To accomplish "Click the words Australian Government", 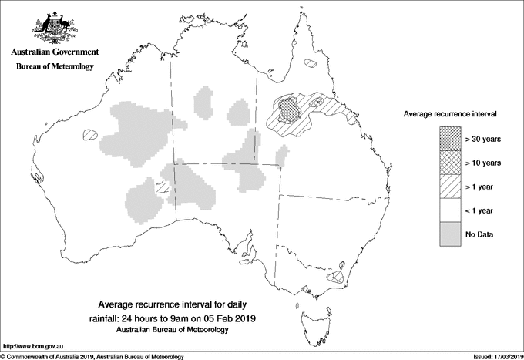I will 54,52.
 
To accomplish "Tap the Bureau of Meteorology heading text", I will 54,67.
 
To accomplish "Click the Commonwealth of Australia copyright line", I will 92,355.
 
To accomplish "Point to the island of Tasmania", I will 314,318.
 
